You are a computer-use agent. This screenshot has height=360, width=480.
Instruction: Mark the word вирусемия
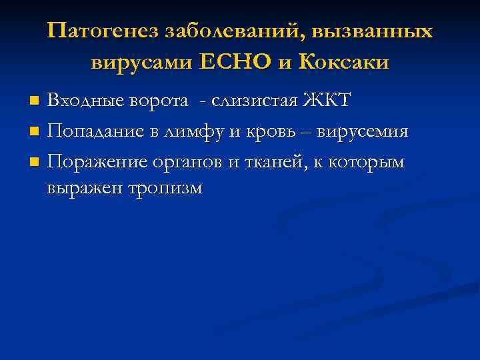(361, 131)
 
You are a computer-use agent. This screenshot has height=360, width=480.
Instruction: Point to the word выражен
(80, 189)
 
